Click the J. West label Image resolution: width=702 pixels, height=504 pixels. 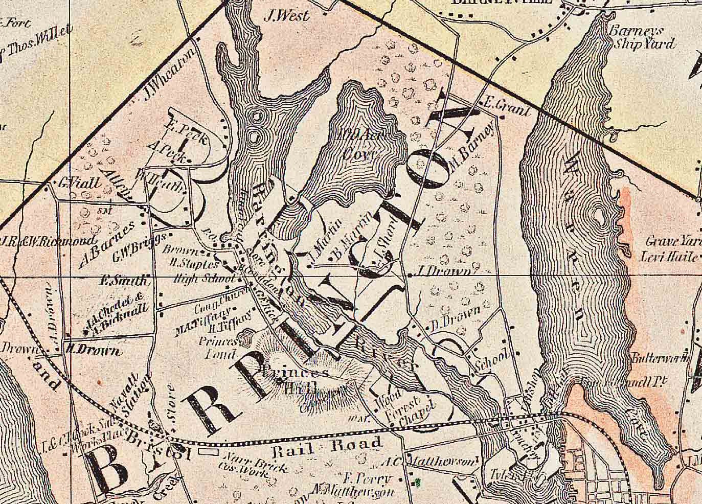pyautogui.click(x=287, y=16)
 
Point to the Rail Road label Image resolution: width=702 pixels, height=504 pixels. pyautogui.click(x=328, y=447)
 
